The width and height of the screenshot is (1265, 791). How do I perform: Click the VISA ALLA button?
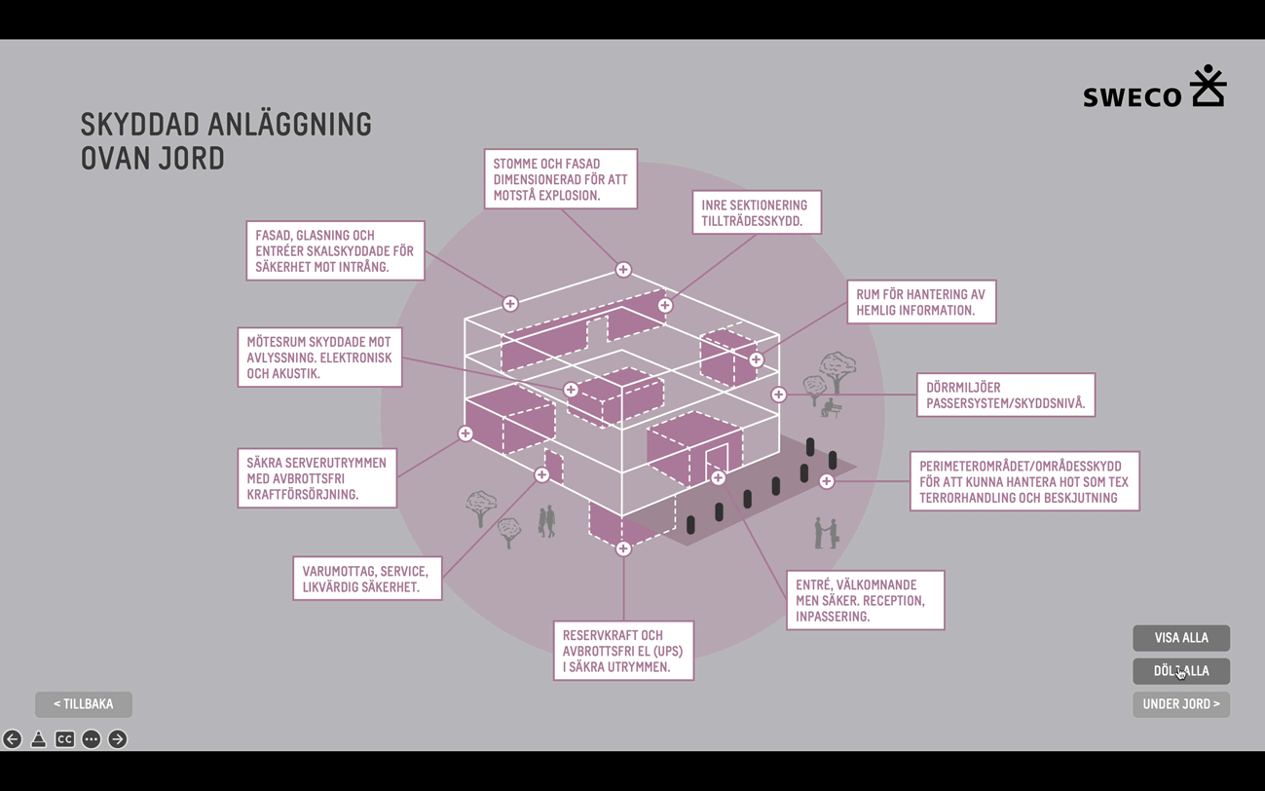coord(1180,638)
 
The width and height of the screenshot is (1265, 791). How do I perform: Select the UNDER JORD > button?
coord(1180,704)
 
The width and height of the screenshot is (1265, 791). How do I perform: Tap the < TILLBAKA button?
coord(84,704)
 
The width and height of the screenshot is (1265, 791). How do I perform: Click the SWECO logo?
coord(1154,88)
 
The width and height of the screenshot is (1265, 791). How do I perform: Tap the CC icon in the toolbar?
coord(64,739)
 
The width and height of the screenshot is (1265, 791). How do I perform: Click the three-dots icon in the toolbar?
coord(92,739)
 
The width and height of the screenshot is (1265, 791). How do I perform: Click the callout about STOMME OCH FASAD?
coord(560,179)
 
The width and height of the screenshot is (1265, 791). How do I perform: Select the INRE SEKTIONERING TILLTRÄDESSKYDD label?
coord(756,212)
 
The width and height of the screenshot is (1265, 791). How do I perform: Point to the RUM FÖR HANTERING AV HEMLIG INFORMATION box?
coord(920,302)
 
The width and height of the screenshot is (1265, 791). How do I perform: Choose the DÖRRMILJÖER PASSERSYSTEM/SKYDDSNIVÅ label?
coord(1005,395)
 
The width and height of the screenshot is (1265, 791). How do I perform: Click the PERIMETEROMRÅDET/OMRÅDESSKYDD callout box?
coord(1023,481)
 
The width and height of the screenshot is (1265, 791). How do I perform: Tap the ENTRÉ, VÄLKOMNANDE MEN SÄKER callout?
coord(865,600)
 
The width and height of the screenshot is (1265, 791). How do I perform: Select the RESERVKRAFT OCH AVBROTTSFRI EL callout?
coord(623,651)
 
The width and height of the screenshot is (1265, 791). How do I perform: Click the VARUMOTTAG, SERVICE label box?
coord(367,579)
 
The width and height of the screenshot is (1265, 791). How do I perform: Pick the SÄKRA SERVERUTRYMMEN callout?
coord(316,478)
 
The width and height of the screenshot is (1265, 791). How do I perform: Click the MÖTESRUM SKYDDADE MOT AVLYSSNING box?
coord(319,358)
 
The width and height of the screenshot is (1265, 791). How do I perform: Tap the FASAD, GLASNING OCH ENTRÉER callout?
coord(335,251)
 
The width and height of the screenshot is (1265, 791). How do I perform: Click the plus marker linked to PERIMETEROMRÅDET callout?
coord(827,481)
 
